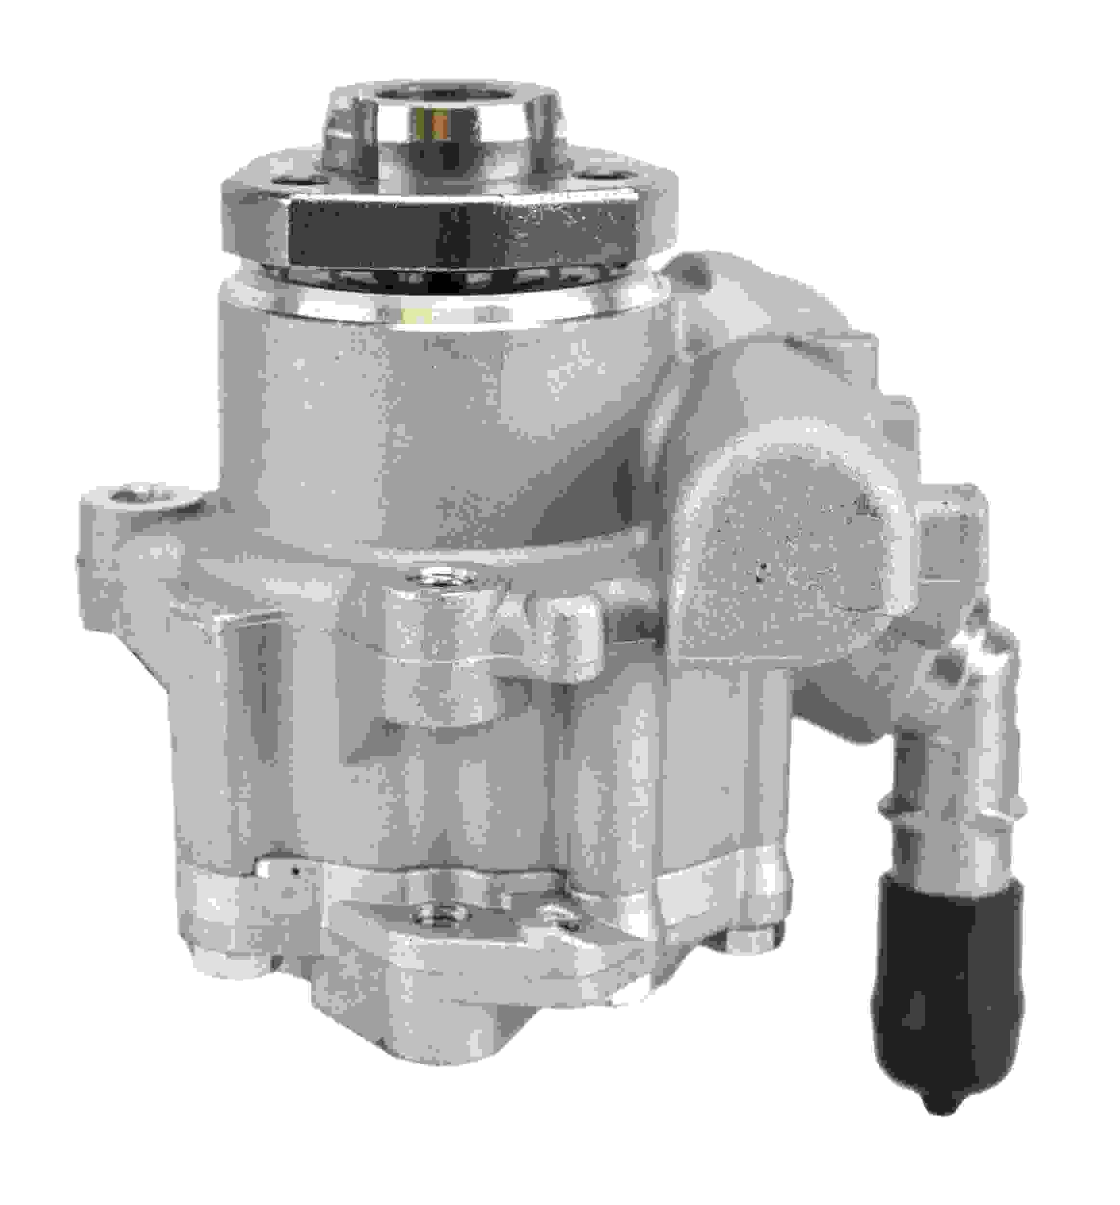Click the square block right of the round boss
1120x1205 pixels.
(951, 534)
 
